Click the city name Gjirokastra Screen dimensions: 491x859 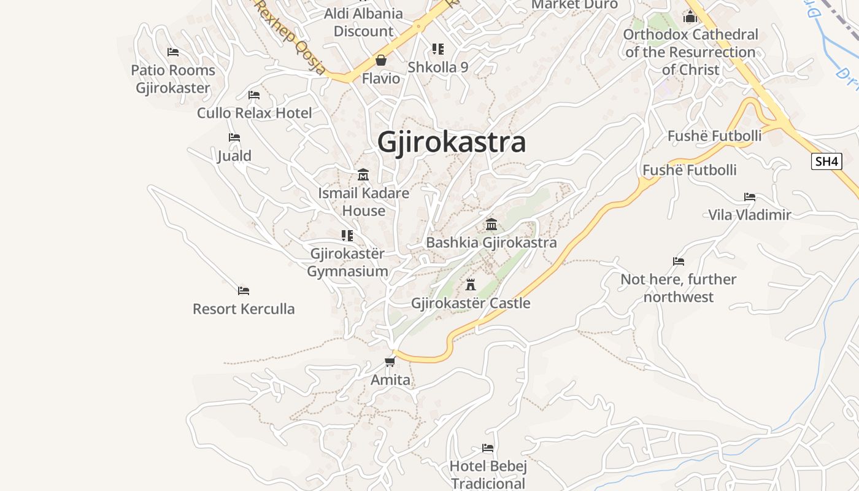tap(452, 142)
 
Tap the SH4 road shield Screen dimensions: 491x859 tap(826, 161)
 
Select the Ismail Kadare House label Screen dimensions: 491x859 tap(363, 202)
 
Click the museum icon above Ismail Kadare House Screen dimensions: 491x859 tap(363, 175)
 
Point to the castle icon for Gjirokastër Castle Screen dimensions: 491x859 tap(471, 285)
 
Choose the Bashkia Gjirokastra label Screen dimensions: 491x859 tap(491, 242)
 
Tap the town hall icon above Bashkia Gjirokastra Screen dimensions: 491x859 tap(491, 224)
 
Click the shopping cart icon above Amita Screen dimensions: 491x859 tap(390, 361)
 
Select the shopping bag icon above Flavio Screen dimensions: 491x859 tap(381, 60)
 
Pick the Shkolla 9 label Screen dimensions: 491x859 tap(438, 68)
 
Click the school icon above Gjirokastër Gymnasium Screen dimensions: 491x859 tap(347, 236)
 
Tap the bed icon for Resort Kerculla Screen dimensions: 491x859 tap(244, 290)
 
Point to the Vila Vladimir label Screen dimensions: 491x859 tap(750, 215)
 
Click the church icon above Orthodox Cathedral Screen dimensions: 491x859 tap(690, 17)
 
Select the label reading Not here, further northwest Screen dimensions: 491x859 tap(678, 288)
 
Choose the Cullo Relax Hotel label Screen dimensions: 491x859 tap(254, 113)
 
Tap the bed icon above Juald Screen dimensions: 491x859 tap(234, 137)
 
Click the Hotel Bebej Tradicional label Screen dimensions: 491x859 tap(488, 474)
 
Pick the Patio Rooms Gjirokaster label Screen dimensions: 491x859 tap(173, 79)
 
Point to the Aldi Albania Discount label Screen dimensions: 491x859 tap(363, 22)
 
